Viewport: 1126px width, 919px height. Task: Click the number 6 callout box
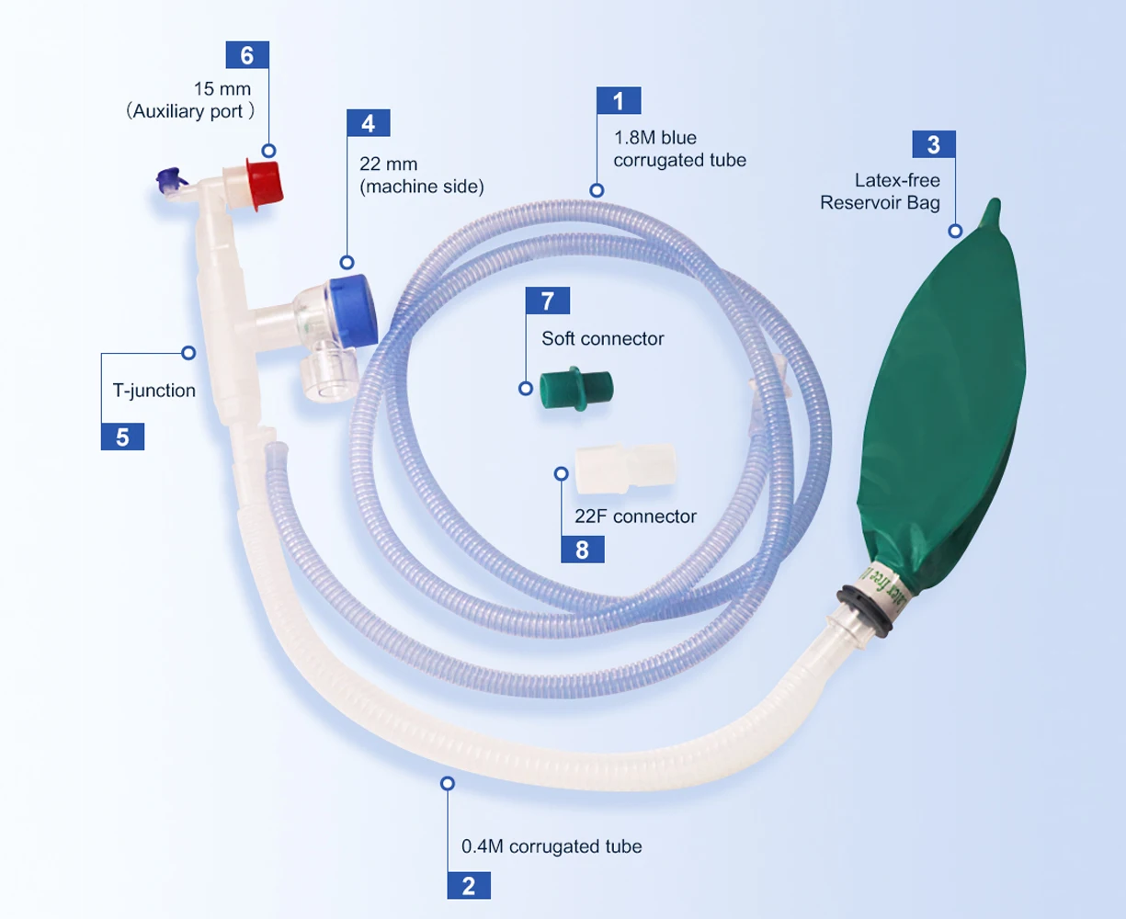pos(247,55)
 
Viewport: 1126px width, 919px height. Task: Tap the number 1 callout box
pos(619,100)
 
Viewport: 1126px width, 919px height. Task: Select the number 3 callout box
pos(934,144)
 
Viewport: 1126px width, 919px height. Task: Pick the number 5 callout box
pos(122,437)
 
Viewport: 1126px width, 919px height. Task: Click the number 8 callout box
pos(583,550)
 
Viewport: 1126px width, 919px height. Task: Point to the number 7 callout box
pos(547,301)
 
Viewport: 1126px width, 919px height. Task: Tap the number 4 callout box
pos(369,123)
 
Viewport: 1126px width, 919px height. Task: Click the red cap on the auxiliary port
pos(265,183)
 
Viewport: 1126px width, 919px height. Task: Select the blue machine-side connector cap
pos(352,310)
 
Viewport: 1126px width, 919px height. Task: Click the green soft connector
pos(576,389)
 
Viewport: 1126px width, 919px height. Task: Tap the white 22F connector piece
pos(625,468)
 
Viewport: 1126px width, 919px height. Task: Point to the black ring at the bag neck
pos(865,611)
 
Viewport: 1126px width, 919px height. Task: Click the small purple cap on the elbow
pos(170,180)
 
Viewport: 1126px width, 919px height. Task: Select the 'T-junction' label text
pos(154,391)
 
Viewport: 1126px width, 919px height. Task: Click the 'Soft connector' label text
pos(603,338)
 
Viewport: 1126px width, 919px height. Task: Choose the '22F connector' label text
pos(635,516)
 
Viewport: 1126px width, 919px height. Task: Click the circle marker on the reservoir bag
pos(955,231)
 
